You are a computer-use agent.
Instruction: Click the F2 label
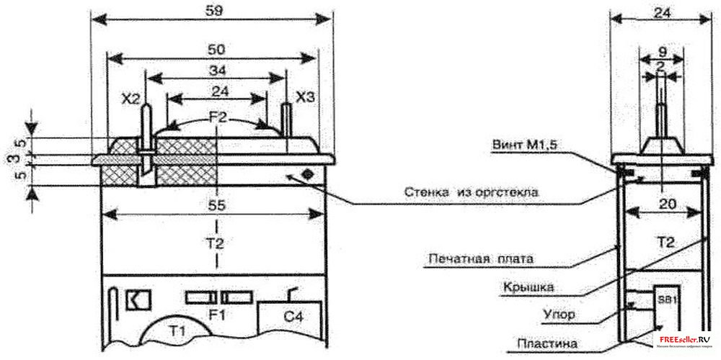pyautogui.click(x=217, y=114)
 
